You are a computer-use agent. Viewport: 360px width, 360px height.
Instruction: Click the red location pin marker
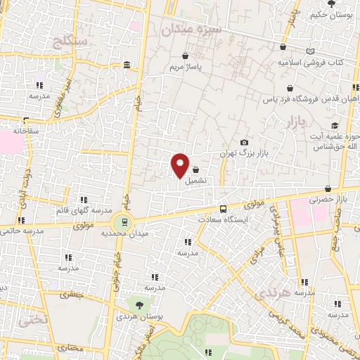click(x=180, y=165)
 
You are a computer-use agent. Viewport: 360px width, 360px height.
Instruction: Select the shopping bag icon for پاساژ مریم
click(x=185, y=56)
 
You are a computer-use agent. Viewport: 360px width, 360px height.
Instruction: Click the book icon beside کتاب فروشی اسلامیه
click(x=311, y=51)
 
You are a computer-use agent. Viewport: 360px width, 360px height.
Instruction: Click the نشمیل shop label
click(x=196, y=180)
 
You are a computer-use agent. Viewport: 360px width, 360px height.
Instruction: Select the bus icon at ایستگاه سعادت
click(x=223, y=208)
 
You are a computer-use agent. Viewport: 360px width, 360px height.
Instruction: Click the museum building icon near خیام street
click(x=127, y=65)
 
